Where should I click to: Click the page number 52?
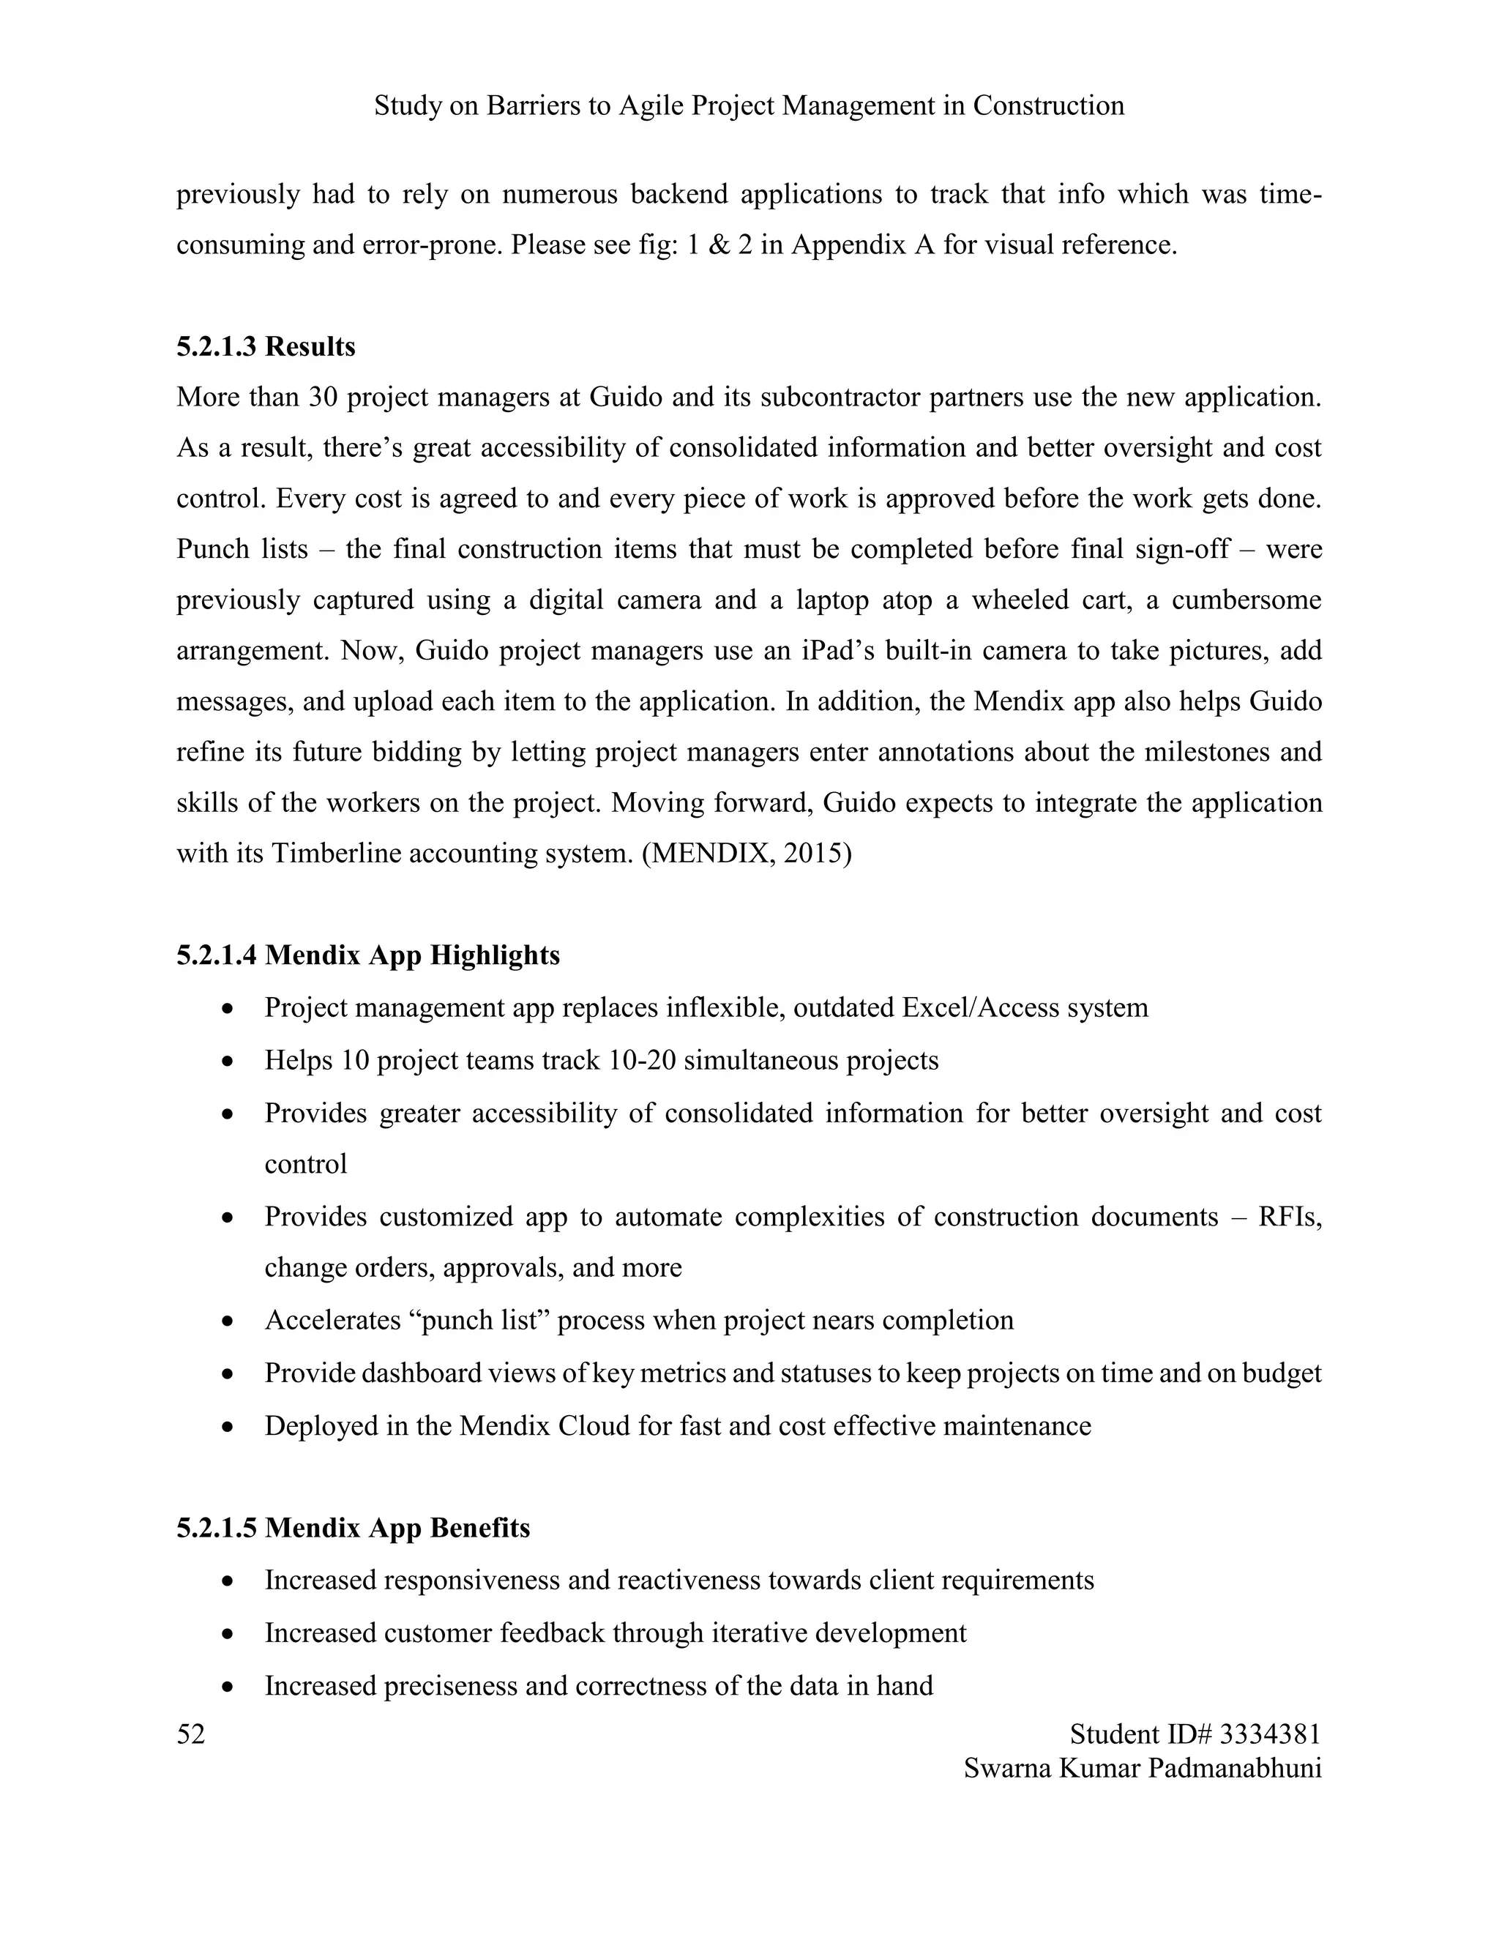(191, 1733)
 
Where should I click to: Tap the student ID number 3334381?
(1270, 1733)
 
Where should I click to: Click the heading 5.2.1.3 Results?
(266, 346)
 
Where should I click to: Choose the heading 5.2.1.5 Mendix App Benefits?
(353, 1527)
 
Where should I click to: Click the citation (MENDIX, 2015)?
(746, 853)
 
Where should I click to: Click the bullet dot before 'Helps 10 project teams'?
(229, 1061)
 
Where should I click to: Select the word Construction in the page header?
(1048, 105)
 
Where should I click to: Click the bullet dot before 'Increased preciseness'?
(229, 1686)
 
